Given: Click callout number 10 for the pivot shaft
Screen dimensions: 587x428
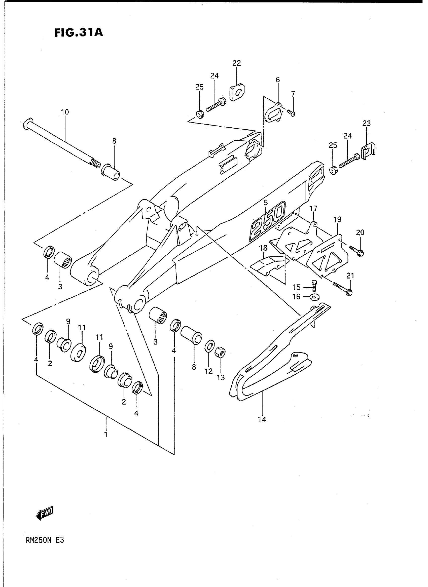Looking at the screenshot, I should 64,112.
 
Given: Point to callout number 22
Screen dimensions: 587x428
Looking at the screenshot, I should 237,63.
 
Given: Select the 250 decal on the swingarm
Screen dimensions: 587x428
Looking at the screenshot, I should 267,222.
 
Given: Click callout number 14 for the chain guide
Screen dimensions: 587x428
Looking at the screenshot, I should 262,419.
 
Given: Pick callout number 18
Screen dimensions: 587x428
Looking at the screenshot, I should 263,248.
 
